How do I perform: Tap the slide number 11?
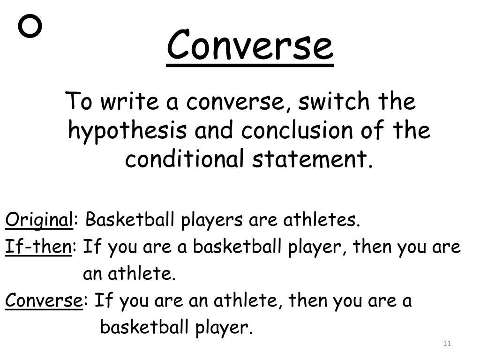point(447,344)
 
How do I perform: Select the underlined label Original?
point(39,220)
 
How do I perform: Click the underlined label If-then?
point(38,247)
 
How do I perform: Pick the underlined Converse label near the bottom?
point(44,300)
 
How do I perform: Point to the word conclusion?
point(297,130)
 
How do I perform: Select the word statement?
point(309,159)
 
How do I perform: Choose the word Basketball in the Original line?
point(129,219)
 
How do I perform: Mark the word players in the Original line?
point(212,220)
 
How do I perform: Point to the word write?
point(130,101)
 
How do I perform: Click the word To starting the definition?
point(78,101)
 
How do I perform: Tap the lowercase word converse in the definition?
point(235,102)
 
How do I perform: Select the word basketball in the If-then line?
point(237,246)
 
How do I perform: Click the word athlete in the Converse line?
point(245,300)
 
